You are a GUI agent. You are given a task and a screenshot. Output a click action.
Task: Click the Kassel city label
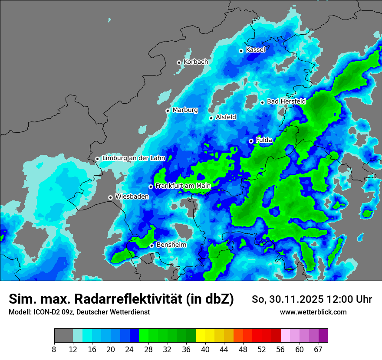255,50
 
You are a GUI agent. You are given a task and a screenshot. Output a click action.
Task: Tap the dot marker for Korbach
179,62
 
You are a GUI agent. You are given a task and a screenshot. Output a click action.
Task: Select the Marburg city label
185,110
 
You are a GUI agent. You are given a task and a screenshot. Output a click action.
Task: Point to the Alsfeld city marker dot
211,118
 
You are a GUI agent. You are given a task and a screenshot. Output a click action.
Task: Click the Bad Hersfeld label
286,101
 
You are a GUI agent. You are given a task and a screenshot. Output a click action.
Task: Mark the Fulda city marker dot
251,141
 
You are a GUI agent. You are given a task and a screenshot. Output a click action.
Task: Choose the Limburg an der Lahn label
134,158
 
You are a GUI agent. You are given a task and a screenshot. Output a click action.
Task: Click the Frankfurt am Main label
183,186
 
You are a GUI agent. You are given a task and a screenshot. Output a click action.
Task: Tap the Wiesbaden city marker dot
111,197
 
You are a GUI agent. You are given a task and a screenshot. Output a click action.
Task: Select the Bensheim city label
171,245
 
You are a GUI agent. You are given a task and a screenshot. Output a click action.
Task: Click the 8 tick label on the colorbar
54,350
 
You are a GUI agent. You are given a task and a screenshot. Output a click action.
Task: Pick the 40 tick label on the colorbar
205,350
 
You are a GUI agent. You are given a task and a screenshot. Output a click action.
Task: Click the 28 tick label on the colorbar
148,350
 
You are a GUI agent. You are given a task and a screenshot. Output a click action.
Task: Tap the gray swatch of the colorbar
63,336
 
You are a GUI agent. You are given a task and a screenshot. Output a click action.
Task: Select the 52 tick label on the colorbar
262,350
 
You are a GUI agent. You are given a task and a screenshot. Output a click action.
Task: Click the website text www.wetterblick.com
313,312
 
